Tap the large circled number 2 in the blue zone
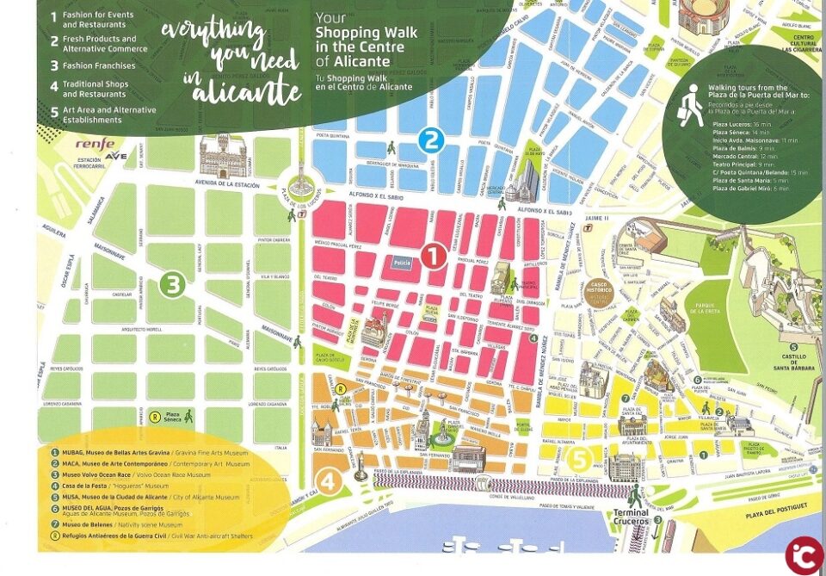(x=429, y=139)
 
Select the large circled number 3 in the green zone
(x=174, y=284)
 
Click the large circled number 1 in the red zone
(x=433, y=256)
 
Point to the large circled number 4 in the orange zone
(x=328, y=480)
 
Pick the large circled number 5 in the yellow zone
(x=580, y=458)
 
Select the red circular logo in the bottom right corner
(x=804, y=554)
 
